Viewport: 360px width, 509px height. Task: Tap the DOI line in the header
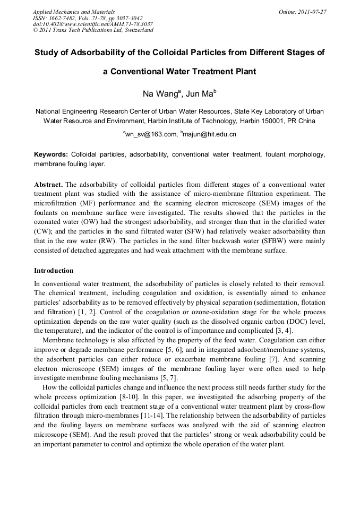pyautogui.click(x=93, y=24)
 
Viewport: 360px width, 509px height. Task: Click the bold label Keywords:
pyautogui.click(x=51, y=154)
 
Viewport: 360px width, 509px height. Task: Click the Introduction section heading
pyautogui.click(x=54, y=271)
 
